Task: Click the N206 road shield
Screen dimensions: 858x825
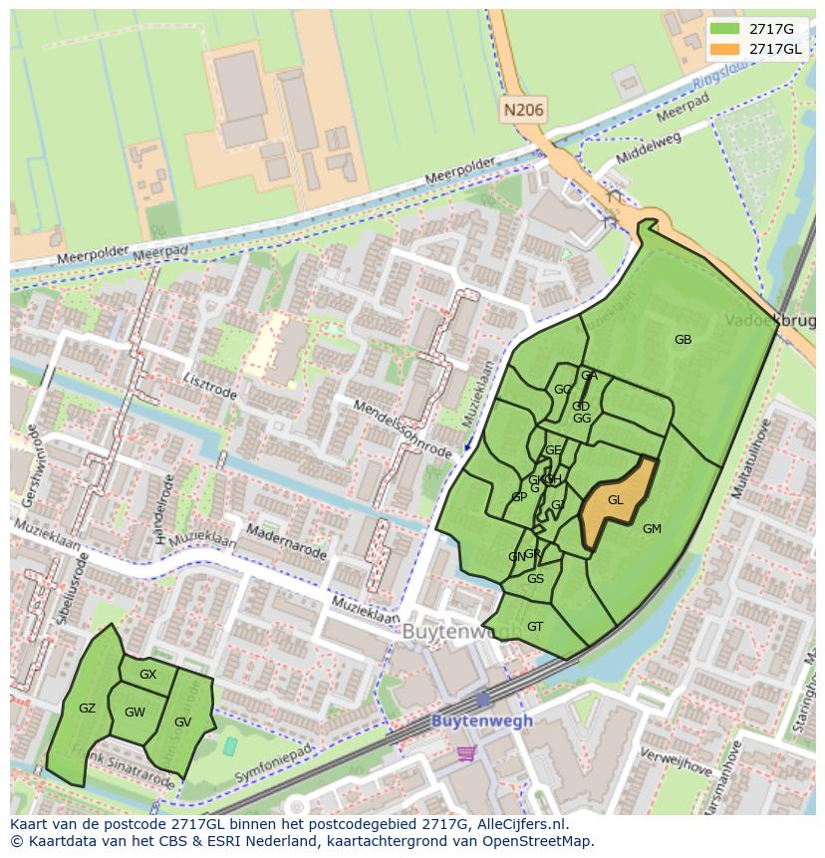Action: pyautogui.click(x=524, y=111)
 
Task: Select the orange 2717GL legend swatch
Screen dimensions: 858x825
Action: pyautogui.click(x=725, y=50)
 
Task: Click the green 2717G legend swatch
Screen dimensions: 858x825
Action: pyautogui.click(x=725, y=29)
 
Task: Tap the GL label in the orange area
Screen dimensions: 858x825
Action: pyautogui.click(x=615, y=500)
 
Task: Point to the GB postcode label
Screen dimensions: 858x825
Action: pyautogui.click(x=683, y=340)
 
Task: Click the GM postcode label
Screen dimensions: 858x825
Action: pyautogui.click(x=652, y=529)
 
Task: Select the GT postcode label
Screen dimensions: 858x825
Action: pyautogui.click(x=535, y=627)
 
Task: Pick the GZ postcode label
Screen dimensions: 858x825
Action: pyautogui.click(x=87, y=709)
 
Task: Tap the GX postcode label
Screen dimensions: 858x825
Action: pyautogui.click(x=147, y=675)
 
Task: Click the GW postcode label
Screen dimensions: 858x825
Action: pyautogui.click(x=135, y=713)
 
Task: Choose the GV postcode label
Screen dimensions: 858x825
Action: pyautogui.click(x=182, y=722)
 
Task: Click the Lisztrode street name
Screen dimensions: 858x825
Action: pyautogui.click(x=210, y=386)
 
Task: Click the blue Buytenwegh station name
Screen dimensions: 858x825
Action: pyautogui.click(x=482, y=720)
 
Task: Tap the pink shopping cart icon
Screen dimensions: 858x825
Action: pyautogui.click(x=466, y=753)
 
